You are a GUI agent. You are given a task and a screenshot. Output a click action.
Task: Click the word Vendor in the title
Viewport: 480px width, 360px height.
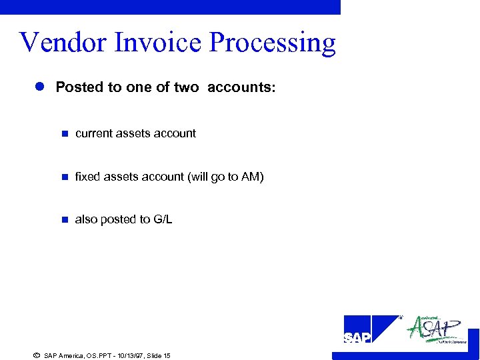click(63, 42)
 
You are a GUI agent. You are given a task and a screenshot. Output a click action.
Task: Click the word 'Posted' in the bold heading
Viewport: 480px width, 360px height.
click(78, 87)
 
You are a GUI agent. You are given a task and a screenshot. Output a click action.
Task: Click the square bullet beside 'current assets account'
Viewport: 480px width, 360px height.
click(65, 134)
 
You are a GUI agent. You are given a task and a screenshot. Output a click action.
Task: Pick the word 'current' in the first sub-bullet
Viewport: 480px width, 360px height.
click(94, 133)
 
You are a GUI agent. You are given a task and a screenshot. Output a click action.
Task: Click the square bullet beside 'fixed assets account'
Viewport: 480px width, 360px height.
click(65, 177)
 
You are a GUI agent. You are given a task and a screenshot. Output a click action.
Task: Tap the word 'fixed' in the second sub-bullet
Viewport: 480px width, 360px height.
click(87, 177)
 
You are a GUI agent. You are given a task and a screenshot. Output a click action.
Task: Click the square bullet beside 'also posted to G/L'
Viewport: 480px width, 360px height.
click(65, 219)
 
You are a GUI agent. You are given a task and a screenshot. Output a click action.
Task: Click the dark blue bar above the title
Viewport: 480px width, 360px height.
click(170, 7)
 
